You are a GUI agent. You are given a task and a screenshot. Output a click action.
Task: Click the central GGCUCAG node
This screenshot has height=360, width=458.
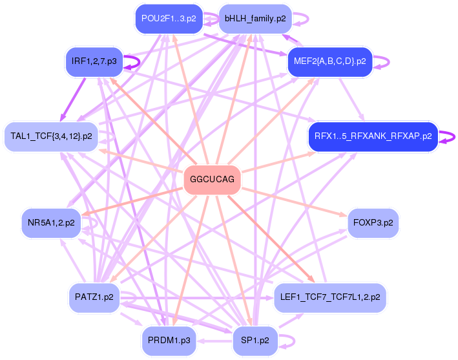pos(212,180)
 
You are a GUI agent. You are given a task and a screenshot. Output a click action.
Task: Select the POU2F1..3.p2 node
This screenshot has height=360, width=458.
pos(168,19)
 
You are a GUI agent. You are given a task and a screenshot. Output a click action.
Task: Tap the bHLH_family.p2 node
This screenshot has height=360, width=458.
pos(255,19)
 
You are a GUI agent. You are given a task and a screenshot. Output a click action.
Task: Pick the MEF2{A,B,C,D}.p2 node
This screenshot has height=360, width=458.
pos(329,62)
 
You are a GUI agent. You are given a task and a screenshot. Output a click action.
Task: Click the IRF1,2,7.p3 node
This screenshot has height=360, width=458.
pos(95,62)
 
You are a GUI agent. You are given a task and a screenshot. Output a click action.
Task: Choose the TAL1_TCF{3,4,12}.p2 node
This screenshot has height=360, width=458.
pos(51,137)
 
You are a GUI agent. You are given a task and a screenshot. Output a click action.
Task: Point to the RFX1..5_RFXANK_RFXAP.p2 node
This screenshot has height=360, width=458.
pos(373,136)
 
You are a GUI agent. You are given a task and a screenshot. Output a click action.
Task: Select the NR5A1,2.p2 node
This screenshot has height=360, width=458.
pos(51,223)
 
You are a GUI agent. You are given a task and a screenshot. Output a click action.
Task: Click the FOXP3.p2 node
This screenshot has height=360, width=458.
pos(373,223)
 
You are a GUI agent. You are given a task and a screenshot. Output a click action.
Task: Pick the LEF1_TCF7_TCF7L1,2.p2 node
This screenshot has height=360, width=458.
pos(330,298)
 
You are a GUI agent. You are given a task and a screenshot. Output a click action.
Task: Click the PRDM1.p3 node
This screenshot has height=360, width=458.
pos(168,341)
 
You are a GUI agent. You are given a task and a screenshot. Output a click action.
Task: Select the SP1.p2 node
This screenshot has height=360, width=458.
pos(255,341)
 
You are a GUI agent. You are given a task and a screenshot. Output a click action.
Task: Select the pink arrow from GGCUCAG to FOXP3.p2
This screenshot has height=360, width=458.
pos(297,201)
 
